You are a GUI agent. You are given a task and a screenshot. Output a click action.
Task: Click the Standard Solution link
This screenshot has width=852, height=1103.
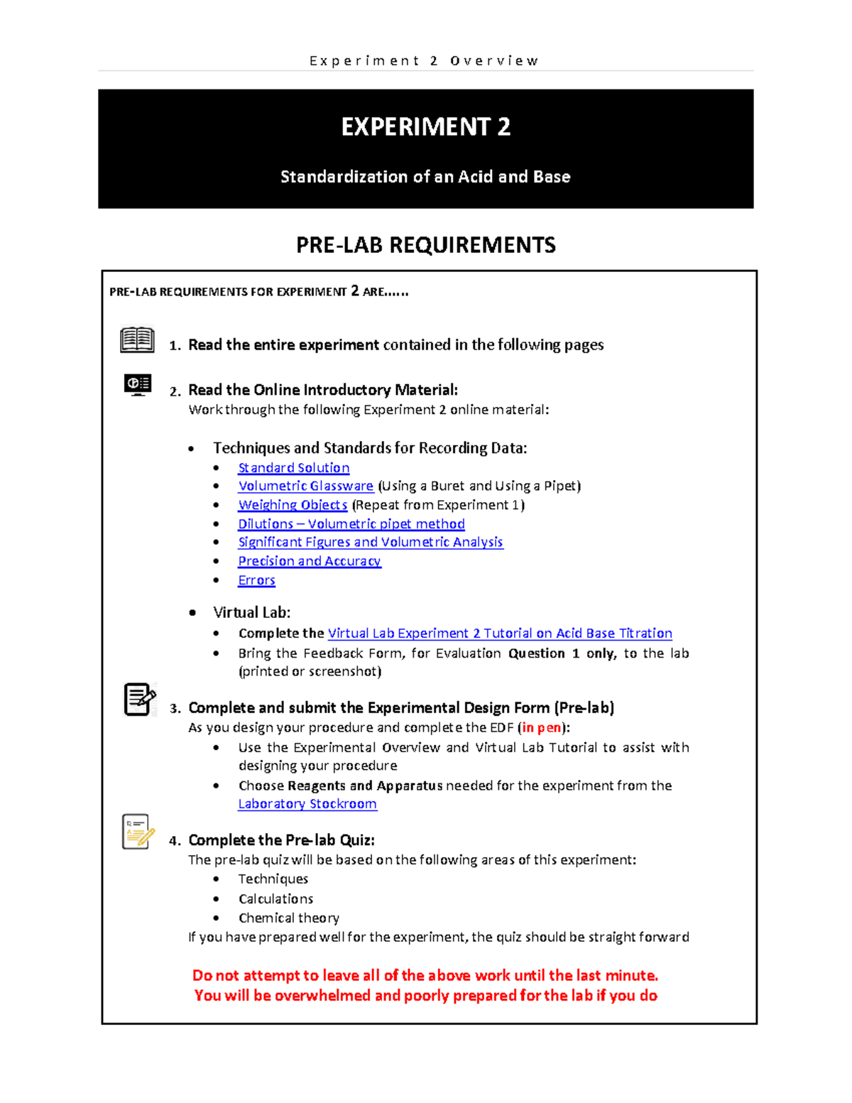coord(293,467)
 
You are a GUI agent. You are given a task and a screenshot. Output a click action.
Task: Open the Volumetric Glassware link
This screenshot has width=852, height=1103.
coord(305,486)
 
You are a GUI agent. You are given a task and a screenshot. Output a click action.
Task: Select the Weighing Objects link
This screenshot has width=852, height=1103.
coord(293,505)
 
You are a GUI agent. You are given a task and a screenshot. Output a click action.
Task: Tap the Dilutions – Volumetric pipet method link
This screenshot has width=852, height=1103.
coord(351,523)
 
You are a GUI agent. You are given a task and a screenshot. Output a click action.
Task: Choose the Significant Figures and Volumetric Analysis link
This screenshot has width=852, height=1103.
coord(370,542)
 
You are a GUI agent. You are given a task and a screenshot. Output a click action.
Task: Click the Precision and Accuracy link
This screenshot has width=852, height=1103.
coord(309,561)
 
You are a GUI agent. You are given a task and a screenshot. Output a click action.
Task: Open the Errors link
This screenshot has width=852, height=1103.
coord(256,580)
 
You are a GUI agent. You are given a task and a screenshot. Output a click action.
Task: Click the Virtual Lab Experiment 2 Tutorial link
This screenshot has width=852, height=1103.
coord(499,633)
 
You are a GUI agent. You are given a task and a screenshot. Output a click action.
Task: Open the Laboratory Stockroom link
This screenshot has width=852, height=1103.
coord(307,804)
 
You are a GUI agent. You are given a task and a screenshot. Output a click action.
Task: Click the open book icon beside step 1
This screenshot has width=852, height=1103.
coord(137,340)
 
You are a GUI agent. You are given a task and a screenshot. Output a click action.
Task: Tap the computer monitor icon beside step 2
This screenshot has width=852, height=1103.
coord(138,384)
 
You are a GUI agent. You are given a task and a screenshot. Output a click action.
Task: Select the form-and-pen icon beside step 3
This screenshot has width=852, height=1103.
coord(139,700)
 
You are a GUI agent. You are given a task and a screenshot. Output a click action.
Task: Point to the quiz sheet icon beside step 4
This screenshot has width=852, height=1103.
coord(138,832)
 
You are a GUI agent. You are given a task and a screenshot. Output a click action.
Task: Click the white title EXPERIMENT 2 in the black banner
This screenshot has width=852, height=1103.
coord(425,127)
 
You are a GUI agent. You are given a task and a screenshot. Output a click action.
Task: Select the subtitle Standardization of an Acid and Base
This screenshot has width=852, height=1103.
coord(425,177)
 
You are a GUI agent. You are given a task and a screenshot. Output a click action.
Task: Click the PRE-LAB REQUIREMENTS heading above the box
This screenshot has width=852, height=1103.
coord(425,245)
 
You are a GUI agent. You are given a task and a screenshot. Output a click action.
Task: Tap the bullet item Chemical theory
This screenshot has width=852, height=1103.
coord(288,918)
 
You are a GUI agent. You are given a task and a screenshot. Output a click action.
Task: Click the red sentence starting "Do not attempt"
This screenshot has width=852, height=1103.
coord(425,975)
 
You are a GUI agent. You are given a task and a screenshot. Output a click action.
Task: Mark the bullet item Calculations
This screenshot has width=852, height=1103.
coord(275,898)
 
